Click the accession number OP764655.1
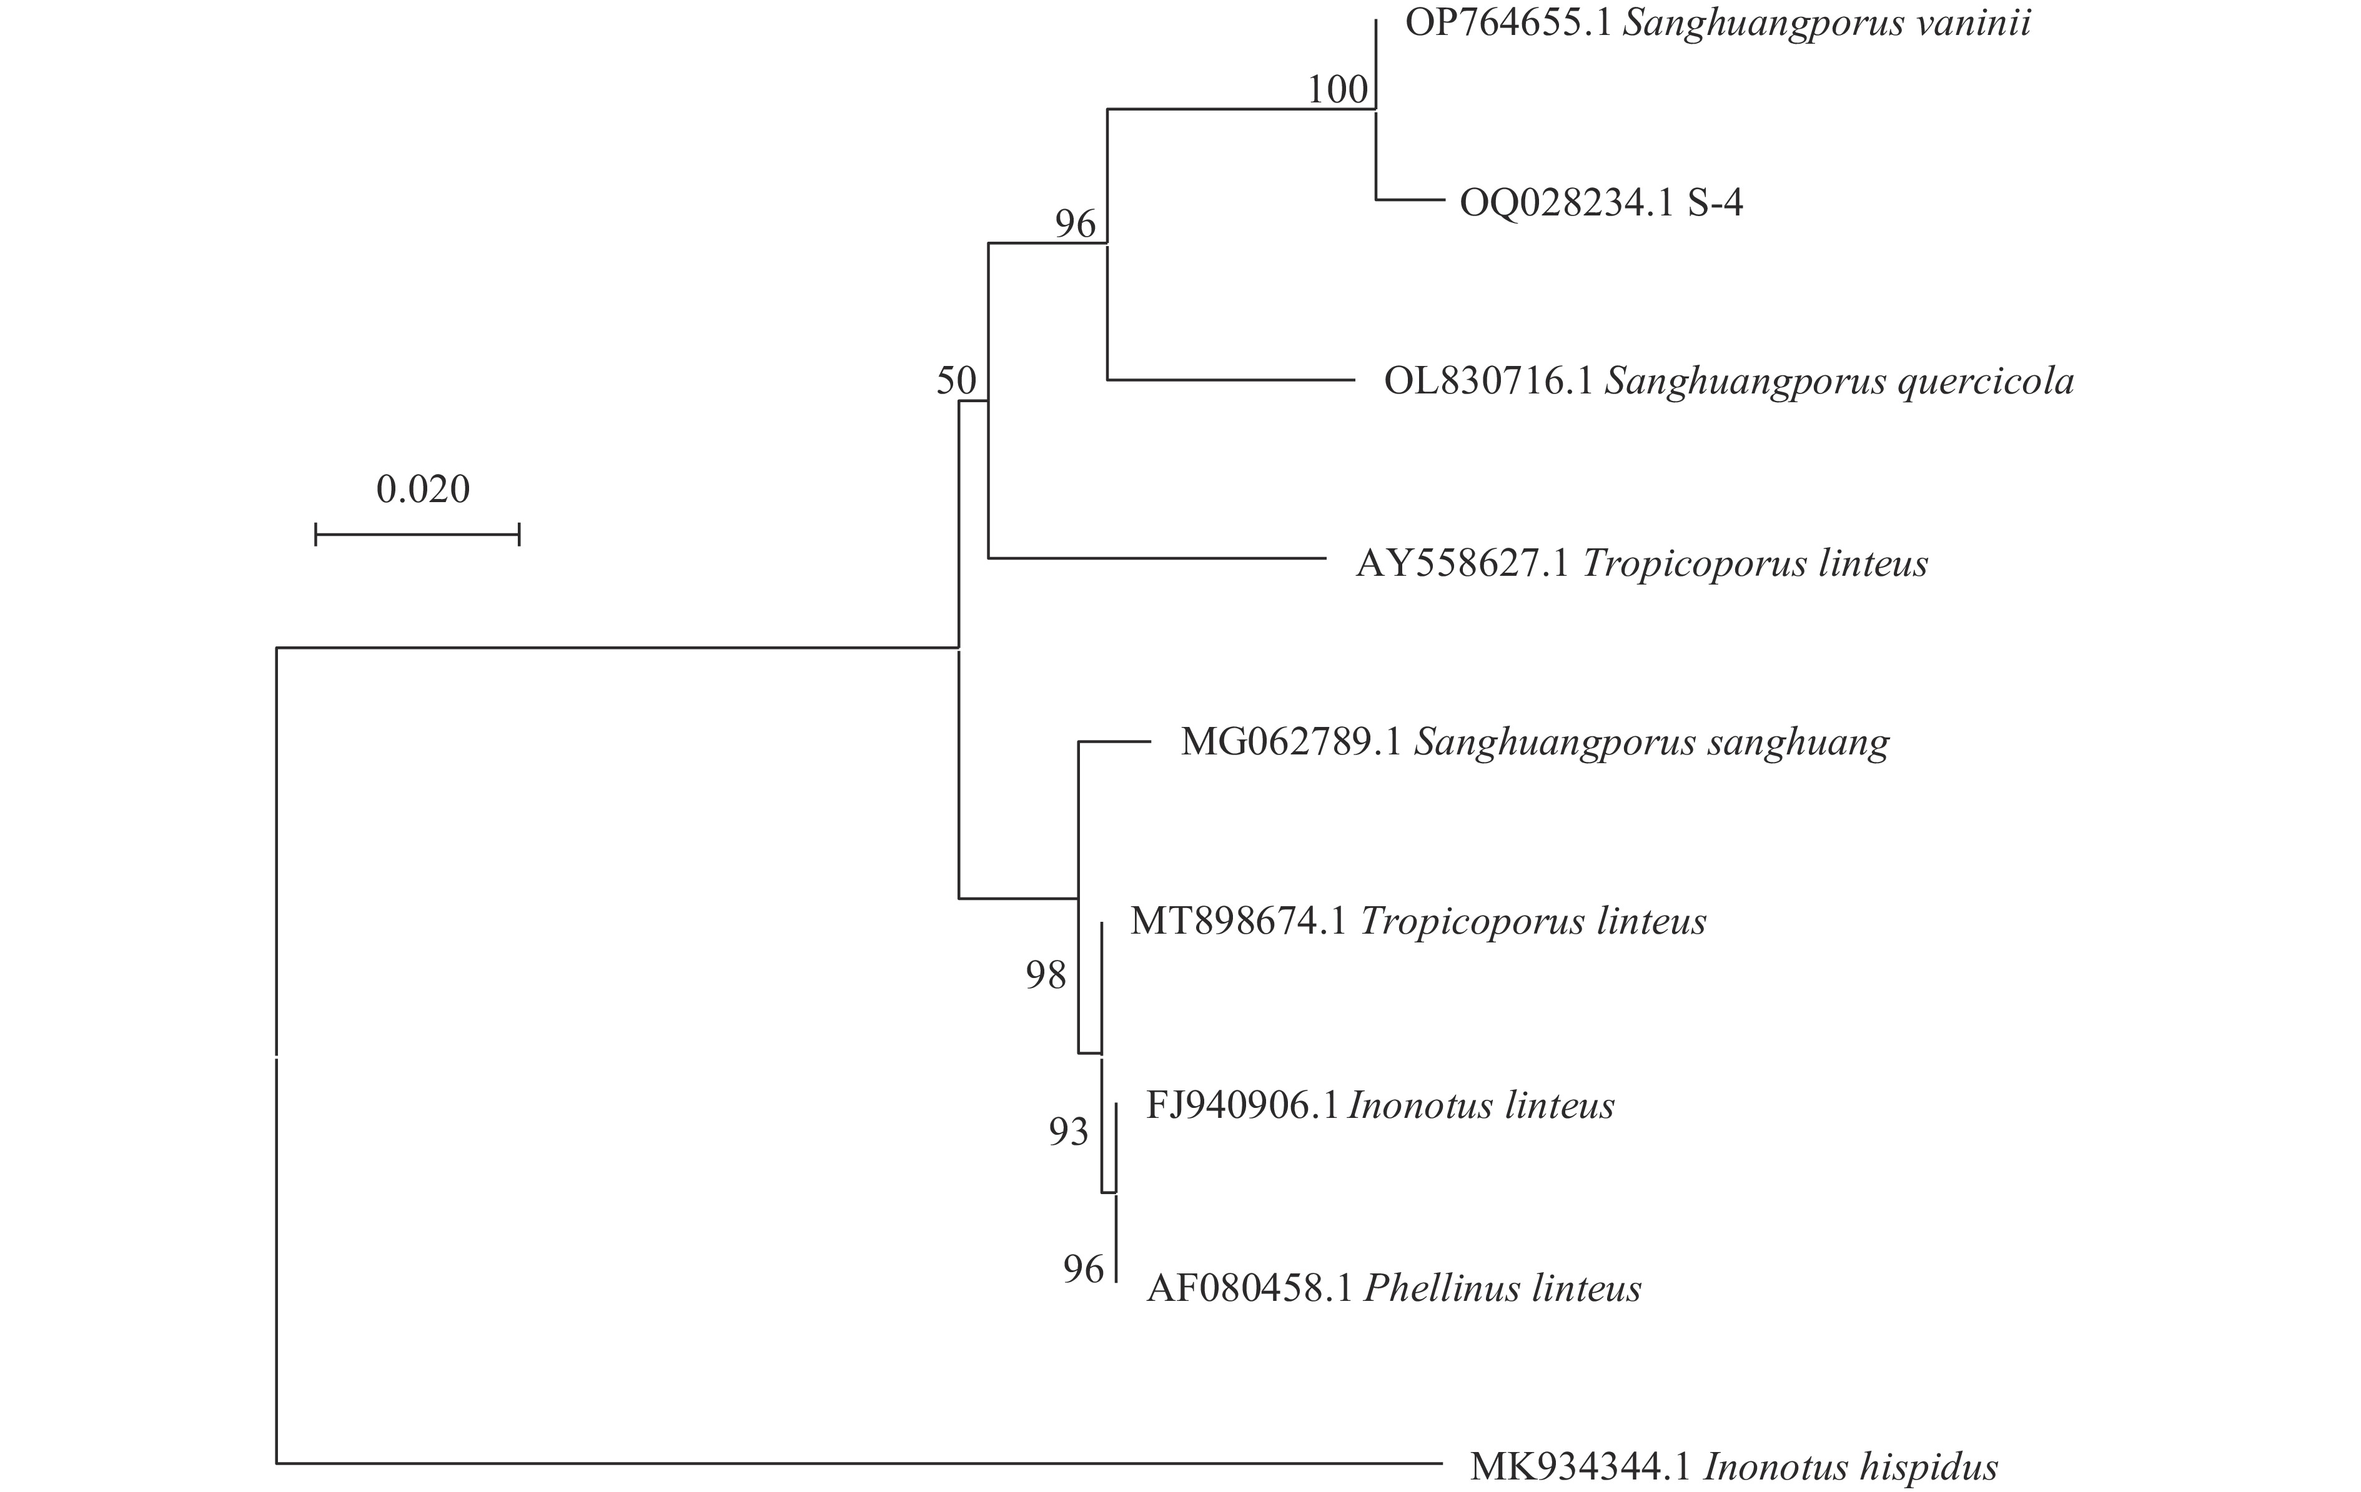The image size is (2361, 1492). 1508,22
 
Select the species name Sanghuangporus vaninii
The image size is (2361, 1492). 1826,22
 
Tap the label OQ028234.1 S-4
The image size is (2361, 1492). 1601,203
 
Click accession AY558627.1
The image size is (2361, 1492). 1463,564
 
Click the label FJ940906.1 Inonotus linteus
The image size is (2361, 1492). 1380,1106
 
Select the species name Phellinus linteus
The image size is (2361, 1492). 1502,1288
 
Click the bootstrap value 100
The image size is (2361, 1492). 1337,90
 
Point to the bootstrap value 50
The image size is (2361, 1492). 956,380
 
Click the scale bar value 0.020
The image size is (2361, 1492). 423,489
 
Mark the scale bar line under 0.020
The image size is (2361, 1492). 417,534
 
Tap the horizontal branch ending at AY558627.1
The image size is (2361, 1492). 1157,559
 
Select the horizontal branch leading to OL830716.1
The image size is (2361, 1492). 1230,379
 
